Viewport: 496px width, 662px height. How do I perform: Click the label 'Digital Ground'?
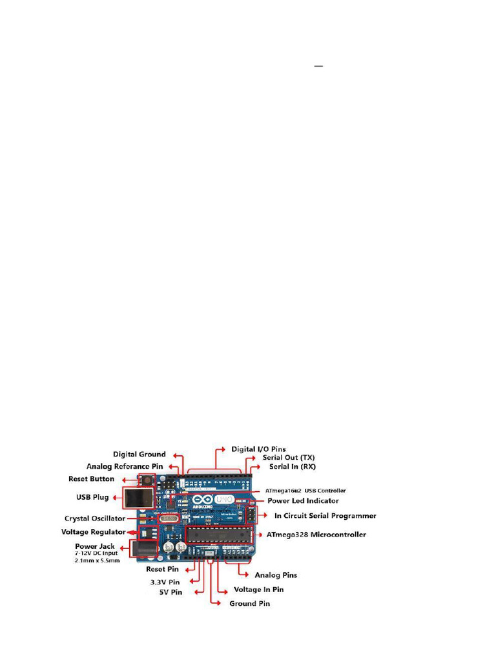pos(139,454)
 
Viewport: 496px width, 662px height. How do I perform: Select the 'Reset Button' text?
pos(91,479)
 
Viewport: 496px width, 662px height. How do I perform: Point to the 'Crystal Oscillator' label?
pos(95,518)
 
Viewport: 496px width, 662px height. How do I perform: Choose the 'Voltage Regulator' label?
pos(93,532)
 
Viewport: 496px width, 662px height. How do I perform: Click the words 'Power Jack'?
pos(95,546)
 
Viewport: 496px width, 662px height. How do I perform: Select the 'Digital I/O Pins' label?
pos(258,449)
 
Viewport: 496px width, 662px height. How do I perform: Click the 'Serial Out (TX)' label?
pos(288,457)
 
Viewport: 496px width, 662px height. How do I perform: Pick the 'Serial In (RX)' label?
pos(293,466)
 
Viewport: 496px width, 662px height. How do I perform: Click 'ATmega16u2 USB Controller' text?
pos(306,491)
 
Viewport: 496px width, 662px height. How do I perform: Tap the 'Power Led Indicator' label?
pos(303,501)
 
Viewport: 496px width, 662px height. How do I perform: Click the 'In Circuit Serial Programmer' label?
pos(325,516)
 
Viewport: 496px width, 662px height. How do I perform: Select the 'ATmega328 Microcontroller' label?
pos(316,535)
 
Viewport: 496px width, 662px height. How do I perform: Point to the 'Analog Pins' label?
pos(276,575)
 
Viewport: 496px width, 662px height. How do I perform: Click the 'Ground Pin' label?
pos(250,604)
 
